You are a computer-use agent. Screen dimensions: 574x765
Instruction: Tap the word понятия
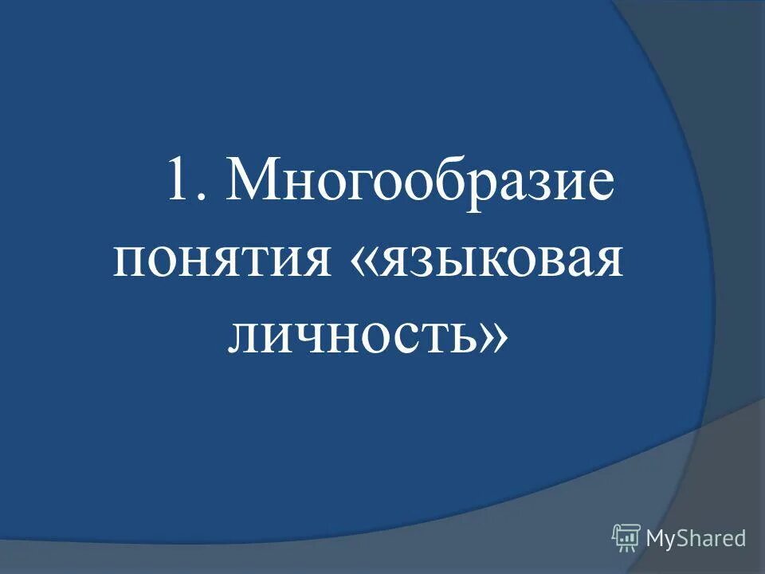pos(222,261)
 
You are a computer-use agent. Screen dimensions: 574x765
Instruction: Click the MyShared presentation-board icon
pos(626,538)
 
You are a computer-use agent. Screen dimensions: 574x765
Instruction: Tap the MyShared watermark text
pos(696,539)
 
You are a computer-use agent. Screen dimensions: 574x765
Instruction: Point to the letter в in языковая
pos(549,261)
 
